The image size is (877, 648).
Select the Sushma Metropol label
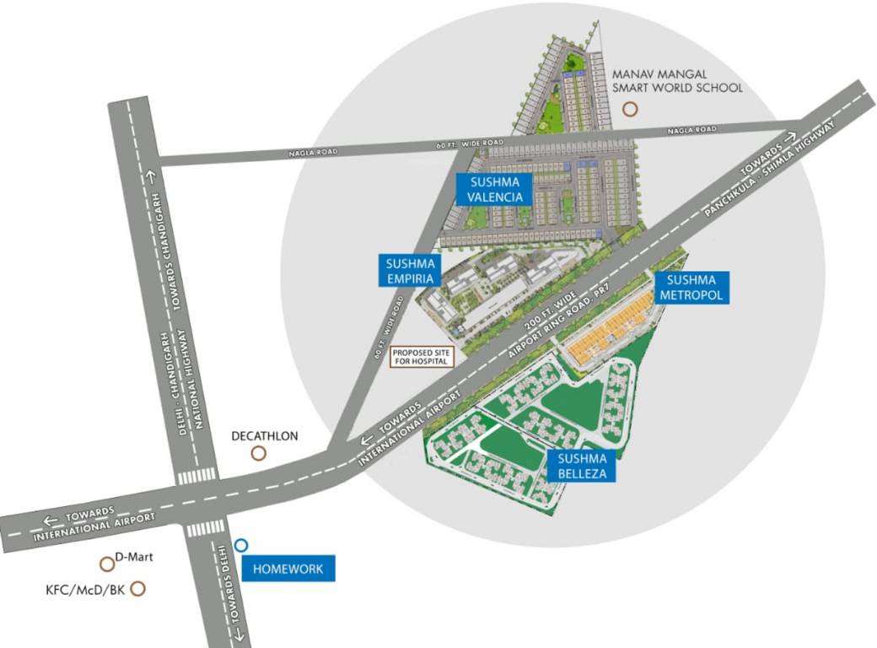pyautogui.click(x=691, y=287)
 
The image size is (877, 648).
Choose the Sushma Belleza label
pyautogui.click(x=581, y=465)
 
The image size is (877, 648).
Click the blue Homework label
pyautogui.click(x=288, y=569)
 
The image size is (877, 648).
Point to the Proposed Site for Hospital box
pyautogui.click(x=422, y=356)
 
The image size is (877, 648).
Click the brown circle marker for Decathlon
pyautogui.click(x=259, y=453)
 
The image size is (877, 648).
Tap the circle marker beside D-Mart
pyautogui.click(x=106, y=564)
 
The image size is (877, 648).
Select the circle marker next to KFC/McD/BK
pyautogui.click(x=138, y=589)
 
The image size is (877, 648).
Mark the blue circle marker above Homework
pyautogui.click(x=241, y=545)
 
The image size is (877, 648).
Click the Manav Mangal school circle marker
pyautogui.click(x=629, y=109)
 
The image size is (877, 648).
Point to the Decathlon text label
pyautogui.click(x=265, y=436)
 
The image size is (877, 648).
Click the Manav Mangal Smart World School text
pyautogui.click(x=678, y=81)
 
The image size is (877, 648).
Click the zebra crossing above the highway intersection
pyautogui.click(x=197, y=477)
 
